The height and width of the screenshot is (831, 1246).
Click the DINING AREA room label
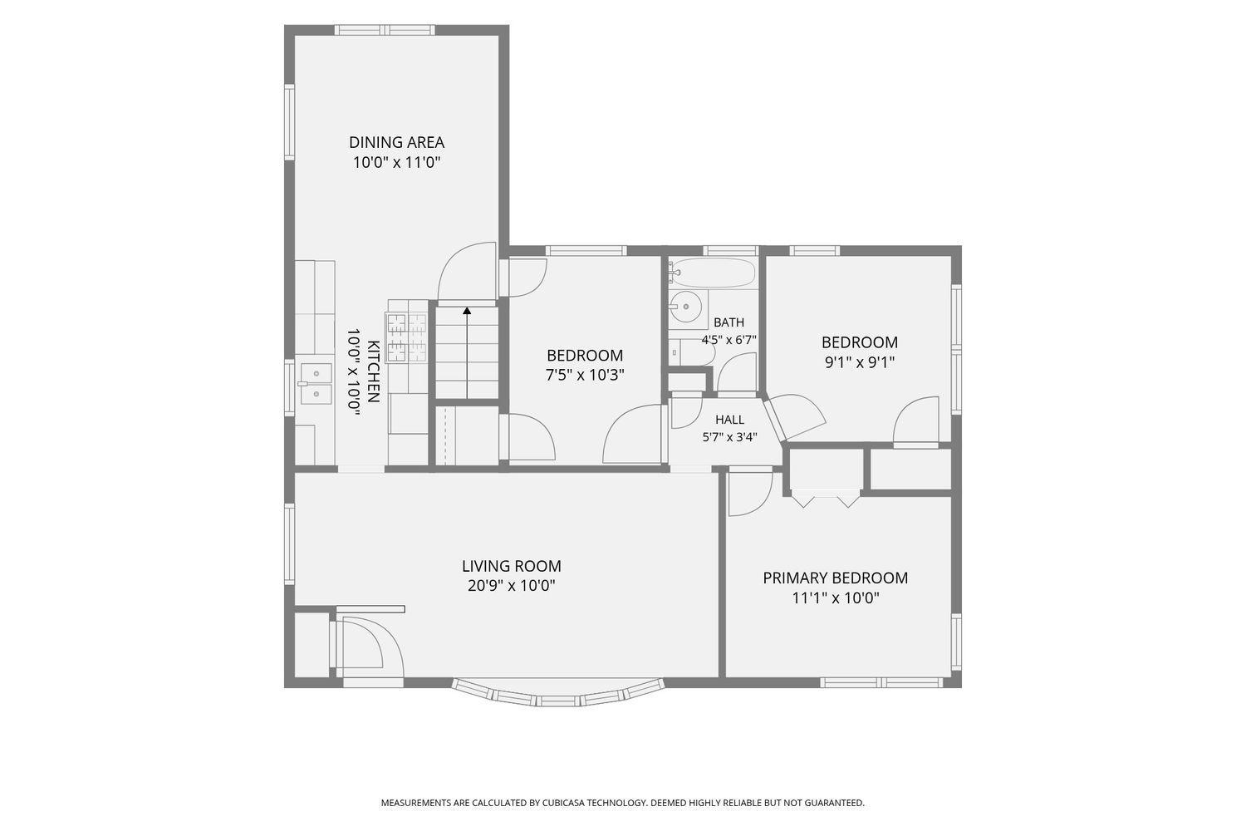pyautogui.click(x=396, y=142)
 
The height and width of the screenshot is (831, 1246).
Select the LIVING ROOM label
pyautogui.click(x=511, y=566)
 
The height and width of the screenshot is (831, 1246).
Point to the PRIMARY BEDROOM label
pyautogui.click(x=835, y=578)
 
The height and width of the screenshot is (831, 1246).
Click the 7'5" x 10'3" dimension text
pyautogui.click(x=585, y=375)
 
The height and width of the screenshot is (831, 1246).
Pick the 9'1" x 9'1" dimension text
pyautogui.click(x=860, y=362)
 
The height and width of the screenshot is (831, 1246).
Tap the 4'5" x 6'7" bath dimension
pyautogui.click(x=728, y=340)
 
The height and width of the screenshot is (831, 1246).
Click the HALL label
pyautogui.click(x=729, y=420)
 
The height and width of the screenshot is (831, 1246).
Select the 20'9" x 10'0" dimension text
pyautogui.click(x=511, y=586)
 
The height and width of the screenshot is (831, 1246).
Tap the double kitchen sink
pyautogui.click(x=315, y=383)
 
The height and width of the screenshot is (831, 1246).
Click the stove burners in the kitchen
pyautogui.click(x=407, y=337)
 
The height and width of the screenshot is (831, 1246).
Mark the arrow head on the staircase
pyautogui.click(x=467, y=311)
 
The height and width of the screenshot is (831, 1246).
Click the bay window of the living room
pyautogui.click(x=558, y=694)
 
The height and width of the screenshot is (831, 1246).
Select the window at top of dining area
pyautogui.click(x=385, y=30)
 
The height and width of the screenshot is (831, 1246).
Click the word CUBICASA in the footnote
pyautogui.click(x=562, y=803)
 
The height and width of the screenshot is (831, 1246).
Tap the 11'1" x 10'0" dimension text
pyautogui.click(x=836, y=598)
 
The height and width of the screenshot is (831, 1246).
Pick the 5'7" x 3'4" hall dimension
pyautogui.click(x=729, y=437)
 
